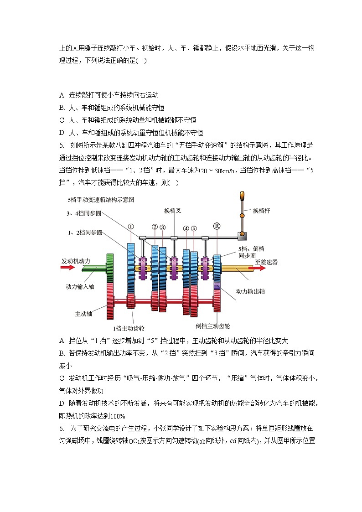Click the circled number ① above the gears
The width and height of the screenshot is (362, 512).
(131, 227)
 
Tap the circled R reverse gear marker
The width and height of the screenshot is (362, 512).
(217, 226)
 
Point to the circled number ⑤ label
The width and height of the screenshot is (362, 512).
(194, 228)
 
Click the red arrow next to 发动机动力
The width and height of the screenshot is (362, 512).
(67, 268)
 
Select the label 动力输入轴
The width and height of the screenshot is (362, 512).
(80, 287)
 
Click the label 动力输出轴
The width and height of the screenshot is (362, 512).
(250, 291)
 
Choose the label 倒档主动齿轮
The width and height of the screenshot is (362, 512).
(213, 326)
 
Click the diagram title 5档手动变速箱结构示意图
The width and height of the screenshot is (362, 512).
(101, 200)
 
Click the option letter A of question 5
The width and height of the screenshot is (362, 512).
(62, 341)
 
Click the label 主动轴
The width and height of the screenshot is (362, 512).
(83, 314)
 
